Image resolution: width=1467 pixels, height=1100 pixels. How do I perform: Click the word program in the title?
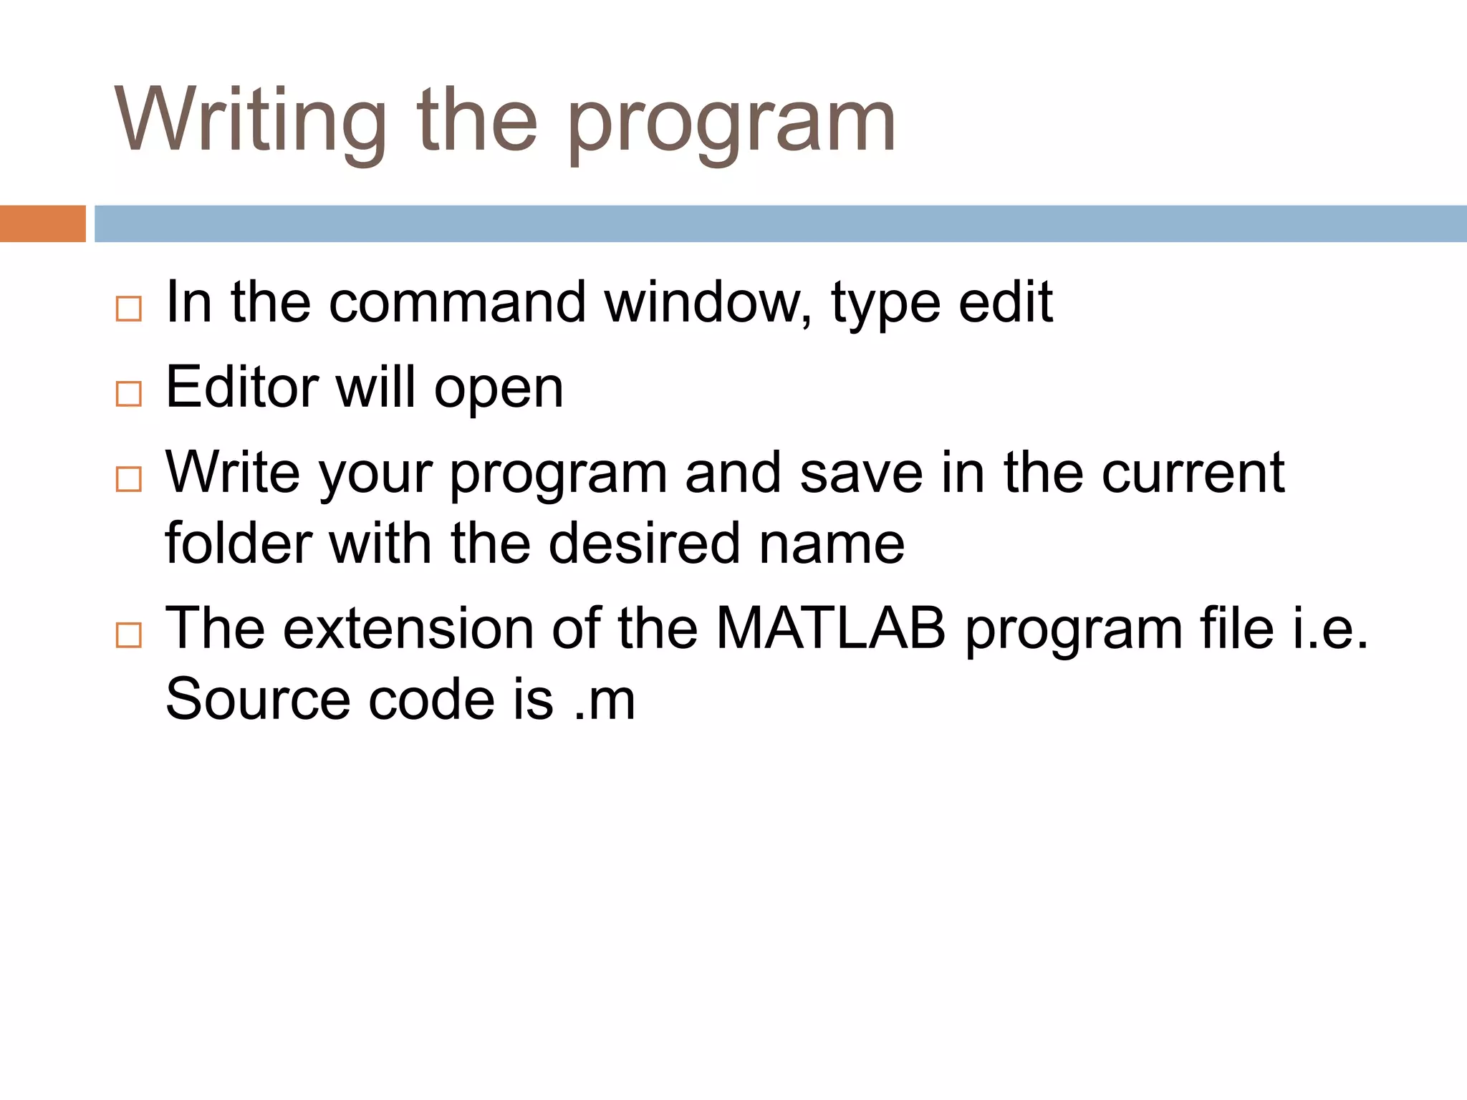click(731, 125)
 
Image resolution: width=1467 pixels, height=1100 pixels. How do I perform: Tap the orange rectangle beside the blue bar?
click(42, 223)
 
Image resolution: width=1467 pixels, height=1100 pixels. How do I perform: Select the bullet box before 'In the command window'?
click(129, 309)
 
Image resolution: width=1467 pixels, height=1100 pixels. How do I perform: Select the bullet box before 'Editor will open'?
click(129, 394)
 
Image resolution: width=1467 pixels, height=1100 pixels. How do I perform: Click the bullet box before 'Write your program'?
click(129, 478)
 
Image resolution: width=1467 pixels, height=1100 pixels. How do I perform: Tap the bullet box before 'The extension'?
click(129, 635)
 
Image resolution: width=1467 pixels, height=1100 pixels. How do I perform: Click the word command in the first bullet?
click(457, 303)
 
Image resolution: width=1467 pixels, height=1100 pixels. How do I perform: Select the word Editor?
click(241, 387)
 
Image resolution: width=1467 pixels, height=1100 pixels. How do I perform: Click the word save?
click(861, 473)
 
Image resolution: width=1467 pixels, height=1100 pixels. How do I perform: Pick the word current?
click(1193, 473)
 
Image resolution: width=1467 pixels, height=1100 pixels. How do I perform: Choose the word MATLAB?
click(831, 628)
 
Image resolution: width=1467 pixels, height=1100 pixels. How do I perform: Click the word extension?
click(408, 628)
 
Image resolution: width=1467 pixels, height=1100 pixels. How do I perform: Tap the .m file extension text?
click(605, 700)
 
